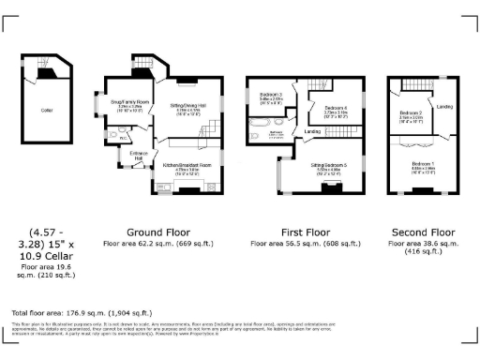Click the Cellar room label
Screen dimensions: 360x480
coord(46,110)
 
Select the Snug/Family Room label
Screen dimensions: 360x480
coord(129,101)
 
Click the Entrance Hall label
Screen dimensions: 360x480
coord(137,155)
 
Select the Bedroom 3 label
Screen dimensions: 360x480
coord(271,95)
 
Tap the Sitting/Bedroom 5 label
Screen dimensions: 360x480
coord(329,163)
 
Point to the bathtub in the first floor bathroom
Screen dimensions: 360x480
coord(260,122)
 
